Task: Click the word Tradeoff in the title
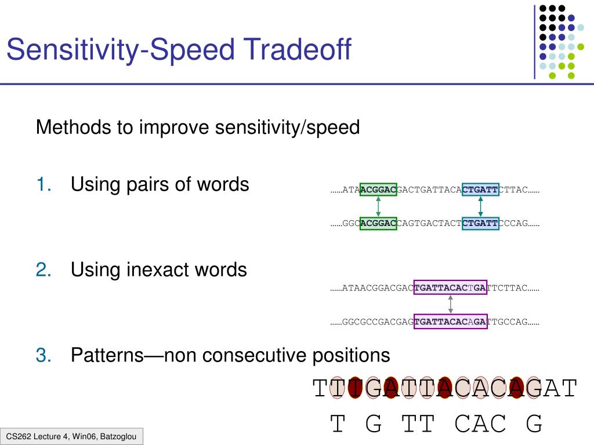[297, 49]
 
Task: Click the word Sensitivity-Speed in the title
[121, 50]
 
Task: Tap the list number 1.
[44, 185]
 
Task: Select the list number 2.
[44, 270]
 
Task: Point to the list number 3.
[44, 355]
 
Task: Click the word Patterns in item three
[107, 355]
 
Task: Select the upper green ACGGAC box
[378, 189]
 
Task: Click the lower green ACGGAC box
[378, 223]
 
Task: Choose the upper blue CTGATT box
[480, 189]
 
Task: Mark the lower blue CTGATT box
[480, 223]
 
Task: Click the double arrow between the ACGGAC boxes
[378, 207]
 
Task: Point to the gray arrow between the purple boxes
[450, 304]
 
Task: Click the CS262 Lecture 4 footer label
[71, 436]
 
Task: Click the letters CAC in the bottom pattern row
[480, 424]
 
